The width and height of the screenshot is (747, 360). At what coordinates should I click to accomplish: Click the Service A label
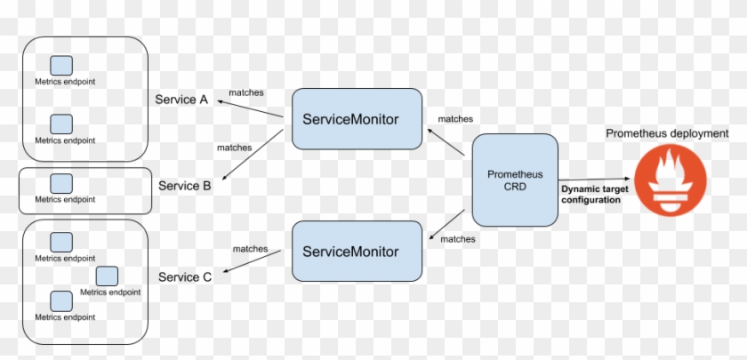(x=181, y=100)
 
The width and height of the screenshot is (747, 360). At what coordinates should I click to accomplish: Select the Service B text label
(x=184, y=186)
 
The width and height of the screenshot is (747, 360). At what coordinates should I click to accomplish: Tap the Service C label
(x=184, y=277)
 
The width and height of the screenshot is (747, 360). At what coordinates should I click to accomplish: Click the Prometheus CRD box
(x=515, y=180)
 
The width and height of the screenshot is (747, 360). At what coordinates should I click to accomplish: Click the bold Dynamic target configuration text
(x=590, y=195)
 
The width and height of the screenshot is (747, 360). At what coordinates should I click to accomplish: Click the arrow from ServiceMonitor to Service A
(x=250, y=108)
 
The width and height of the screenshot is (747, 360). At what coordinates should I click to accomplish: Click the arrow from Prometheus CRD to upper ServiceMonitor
(x=446, y=141)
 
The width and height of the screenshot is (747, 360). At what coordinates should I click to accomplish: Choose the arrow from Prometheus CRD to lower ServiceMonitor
(x=446, y=224)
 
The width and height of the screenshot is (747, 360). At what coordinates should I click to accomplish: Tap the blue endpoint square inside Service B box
(x=61, y=184)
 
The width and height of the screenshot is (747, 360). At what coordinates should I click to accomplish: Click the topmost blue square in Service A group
(x=61, y=66)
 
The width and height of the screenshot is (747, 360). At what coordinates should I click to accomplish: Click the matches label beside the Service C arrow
(x=250, y=249)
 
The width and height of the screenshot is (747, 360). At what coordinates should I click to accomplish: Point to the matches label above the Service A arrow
(x=245, y=92)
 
